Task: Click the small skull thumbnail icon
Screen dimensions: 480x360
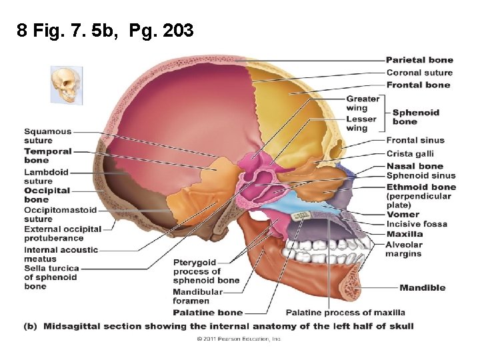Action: (x=67, y=84)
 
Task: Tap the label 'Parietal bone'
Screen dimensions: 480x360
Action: (x=419, y=60)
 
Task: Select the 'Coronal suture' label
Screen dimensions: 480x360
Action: (x=419, y=73)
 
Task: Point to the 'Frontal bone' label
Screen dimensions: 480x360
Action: (x=418, y=85)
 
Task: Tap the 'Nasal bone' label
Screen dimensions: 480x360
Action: (x=415, y=165)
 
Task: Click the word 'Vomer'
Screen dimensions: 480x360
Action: (x=403, y=215)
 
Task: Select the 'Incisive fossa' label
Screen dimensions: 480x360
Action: (x=417, y=224)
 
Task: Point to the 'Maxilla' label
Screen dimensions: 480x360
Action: (x=404, y=234)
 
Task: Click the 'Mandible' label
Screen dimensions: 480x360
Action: (x=422, y=288)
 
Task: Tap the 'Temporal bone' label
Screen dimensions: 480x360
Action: (x=47, y=155)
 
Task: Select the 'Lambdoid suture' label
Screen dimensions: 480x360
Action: (x=46, y=176)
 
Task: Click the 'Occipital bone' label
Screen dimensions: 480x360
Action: (x=47, y=195)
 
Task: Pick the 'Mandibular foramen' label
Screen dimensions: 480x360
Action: (x=197, y=297)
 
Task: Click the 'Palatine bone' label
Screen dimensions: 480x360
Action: (x=207, y=312)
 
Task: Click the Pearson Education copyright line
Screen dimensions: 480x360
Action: (x=239, y=339)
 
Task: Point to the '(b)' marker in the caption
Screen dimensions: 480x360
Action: (x=30, y=326)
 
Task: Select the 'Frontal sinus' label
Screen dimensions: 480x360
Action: (x=415, y=140)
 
